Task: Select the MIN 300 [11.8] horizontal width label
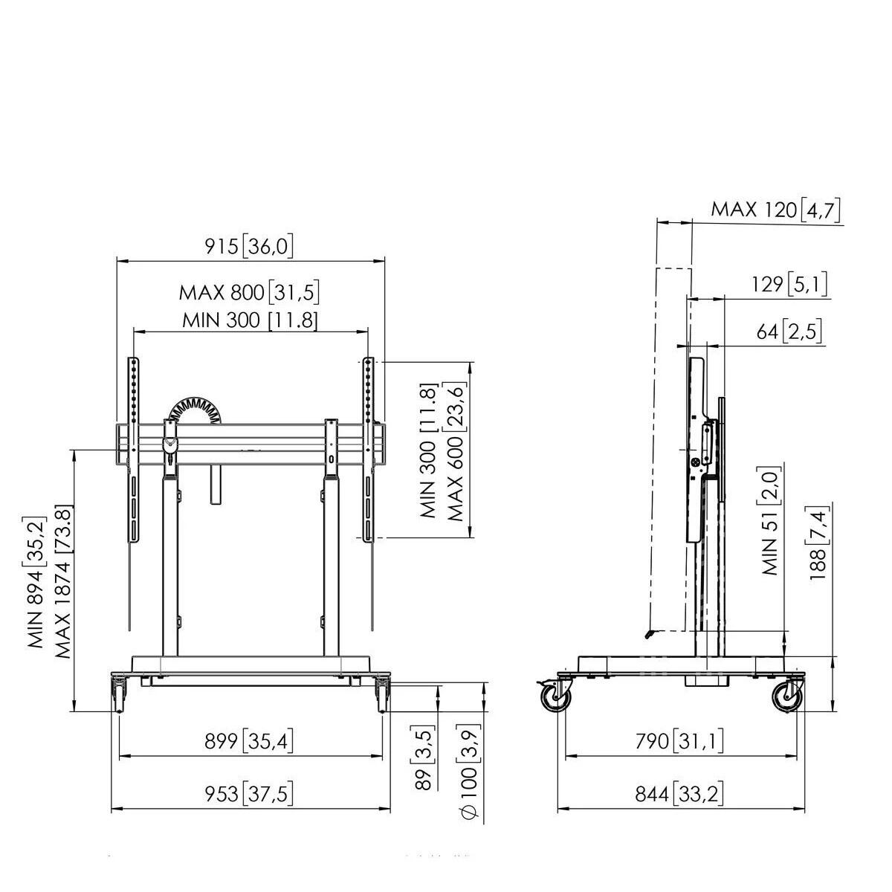pyautogui.click(x=250, y=320)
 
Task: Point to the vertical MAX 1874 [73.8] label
pyautogui.click(x=63, y=581)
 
